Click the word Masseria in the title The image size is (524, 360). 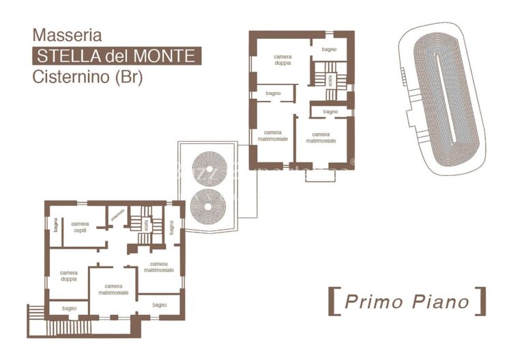(x=67, y=35)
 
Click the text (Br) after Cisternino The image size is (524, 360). (x=129, y=77)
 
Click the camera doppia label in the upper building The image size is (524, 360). (x=282, y=59)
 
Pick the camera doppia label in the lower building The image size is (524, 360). (x=68, y=275)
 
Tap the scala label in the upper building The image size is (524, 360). (x=330, y=80)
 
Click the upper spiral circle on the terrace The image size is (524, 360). (x=209, y=168)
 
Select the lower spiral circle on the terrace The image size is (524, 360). (x=209, y=207)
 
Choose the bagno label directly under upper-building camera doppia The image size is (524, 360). (x=274, y=93)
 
